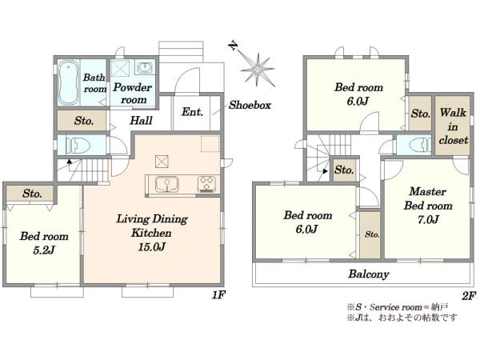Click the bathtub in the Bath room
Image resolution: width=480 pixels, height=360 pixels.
click(x=68, y=82)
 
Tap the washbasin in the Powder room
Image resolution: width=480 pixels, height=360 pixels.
click(x=145, y=68)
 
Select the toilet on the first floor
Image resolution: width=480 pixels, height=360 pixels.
click(x=78, y=145)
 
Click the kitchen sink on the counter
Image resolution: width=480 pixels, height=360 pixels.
click(x=167, y=185)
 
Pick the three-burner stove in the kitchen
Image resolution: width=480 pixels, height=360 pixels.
click(x=206, y=184)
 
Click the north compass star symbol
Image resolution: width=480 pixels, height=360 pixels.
click(x=257, y=69)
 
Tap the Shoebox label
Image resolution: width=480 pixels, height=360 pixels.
click(x=250, y=105)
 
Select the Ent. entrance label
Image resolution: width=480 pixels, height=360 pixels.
click(x=192, y=112)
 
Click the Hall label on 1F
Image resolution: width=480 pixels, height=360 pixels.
click(x=141, y=120)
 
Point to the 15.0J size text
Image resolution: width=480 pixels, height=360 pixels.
click(x=151, y=246)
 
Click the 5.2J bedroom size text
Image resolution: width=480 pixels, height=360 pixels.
click(x=44, y=250)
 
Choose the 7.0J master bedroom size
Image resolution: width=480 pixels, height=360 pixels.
click(x=428, y=219)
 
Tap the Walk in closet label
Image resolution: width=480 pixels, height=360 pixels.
click(x=453, y=126)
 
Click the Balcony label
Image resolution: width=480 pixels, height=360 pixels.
click(x=369, y=274)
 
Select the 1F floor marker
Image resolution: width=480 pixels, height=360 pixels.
click(x=219, y=295)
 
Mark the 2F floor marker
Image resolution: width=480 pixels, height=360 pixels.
click(x=469, y=296)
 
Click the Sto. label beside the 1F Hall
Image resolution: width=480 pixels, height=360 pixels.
click(x=83, y=121)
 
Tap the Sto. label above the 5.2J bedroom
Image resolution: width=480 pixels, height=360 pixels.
click(x=32, y=194)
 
